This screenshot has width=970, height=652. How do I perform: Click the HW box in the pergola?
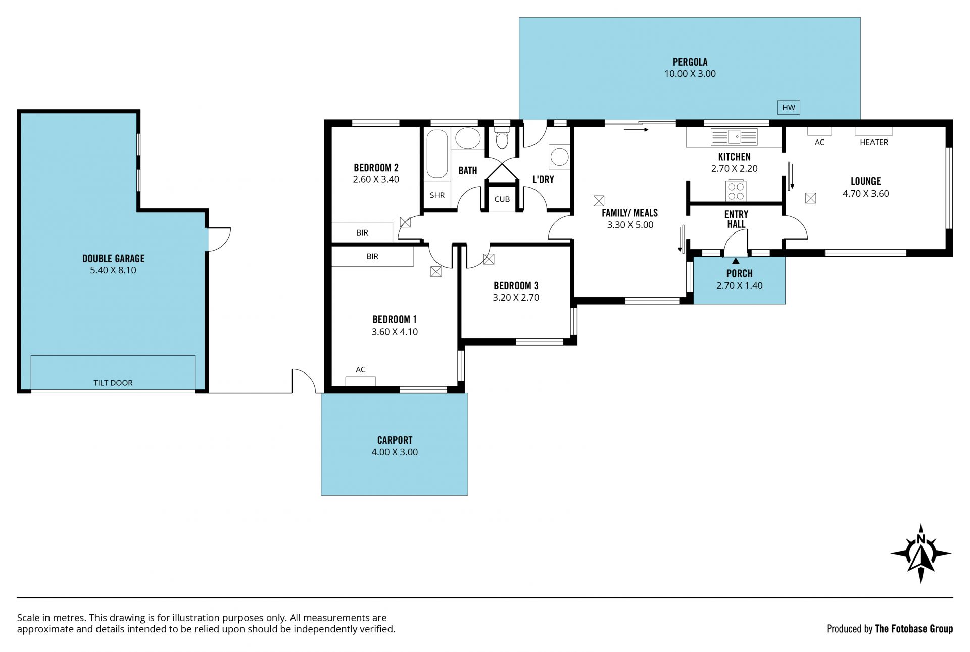coord(789,107)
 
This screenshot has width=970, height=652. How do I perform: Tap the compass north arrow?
coord(920,554)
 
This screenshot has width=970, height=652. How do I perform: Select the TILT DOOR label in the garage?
coord(113,383)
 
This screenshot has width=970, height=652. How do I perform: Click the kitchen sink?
coord(734,136)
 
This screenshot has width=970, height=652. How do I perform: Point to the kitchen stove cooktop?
coord(736,191)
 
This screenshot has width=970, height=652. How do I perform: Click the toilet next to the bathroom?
coord(502,137)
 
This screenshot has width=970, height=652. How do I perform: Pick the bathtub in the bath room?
coord(437,154)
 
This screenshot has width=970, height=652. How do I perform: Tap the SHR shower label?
coord(438,195)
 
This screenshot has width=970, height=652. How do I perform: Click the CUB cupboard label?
coord(502,199)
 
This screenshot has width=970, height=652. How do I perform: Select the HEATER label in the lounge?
coord(874,142)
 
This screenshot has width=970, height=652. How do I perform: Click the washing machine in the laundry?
coord(559,156)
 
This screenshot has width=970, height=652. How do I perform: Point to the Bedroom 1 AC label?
coord(361,369)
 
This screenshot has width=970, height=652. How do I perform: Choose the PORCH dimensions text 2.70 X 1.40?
coord(740,286)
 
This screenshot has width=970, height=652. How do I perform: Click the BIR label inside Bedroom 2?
coord(362,232)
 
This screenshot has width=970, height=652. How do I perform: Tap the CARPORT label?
coord(395,440)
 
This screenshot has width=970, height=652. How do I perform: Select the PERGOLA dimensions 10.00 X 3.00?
coord(690,74)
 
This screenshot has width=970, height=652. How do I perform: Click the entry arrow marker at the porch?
coord(736,261)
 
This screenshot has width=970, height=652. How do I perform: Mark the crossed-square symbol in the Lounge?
coord(810,198)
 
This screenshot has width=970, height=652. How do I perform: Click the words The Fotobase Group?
coord(914,629)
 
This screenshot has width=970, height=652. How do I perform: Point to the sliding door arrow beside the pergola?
coord(636,130)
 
